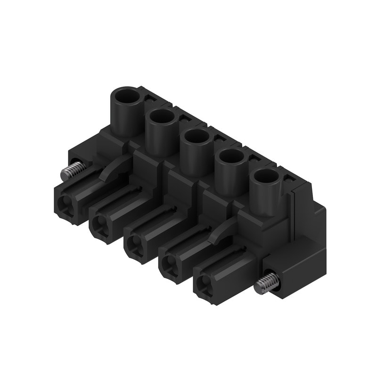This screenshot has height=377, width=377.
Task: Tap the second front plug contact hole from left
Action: click(98, 225)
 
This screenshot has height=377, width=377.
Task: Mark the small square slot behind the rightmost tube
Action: click(287, 178)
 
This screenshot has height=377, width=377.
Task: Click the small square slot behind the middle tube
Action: click(220, 138)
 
